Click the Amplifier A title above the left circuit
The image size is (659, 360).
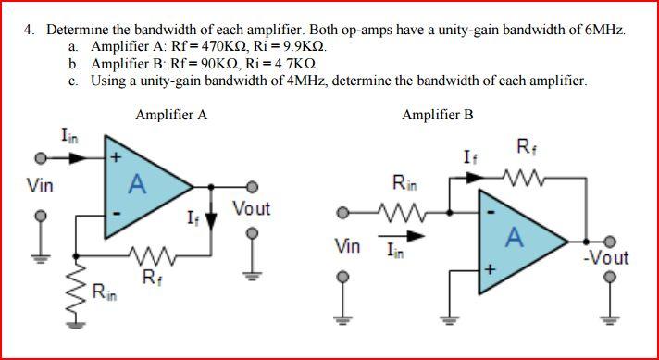(171, 115)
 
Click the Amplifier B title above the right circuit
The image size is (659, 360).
(438, 115)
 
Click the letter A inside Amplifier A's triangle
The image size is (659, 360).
(137, 184)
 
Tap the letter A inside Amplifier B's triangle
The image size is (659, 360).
(515, 237)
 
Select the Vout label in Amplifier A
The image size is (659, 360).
(252, 209)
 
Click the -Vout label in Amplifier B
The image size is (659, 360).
(605, 258)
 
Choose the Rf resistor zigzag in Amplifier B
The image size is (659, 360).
(521, 178)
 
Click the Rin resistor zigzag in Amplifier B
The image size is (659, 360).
(404, 212)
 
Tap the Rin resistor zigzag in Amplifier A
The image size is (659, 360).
(76, 290)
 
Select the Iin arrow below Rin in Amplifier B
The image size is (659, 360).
(402, 236)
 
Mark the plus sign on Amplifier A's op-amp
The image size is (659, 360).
(117, 158)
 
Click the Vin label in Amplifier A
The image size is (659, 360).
(40, 186)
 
